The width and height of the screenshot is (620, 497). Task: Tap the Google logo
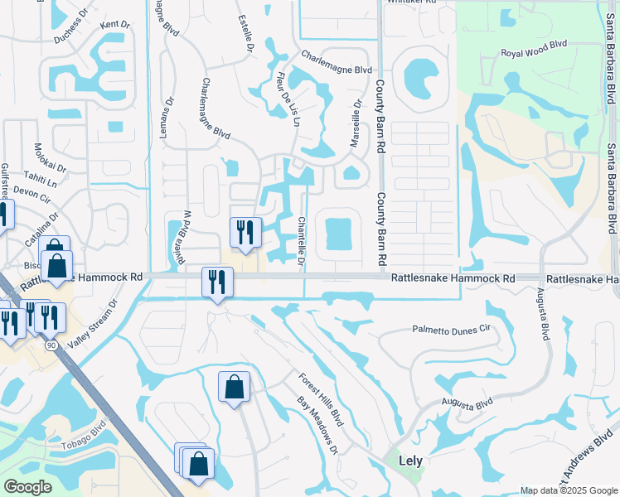coord(27,487)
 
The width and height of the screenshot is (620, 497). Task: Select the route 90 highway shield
coord(51,343)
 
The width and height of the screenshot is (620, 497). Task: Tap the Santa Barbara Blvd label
coord(611,188)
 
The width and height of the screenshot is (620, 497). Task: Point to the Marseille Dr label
coord(356,124)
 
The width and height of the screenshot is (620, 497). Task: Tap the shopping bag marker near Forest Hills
coord(235,387)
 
